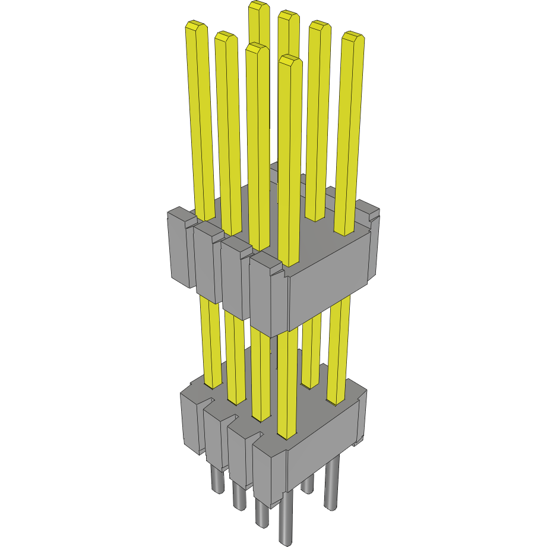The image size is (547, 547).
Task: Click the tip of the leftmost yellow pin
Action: coord(196,27)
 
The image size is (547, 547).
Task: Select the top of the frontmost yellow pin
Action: coord(290,61)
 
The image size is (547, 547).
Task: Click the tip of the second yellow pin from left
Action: coord(225,37)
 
